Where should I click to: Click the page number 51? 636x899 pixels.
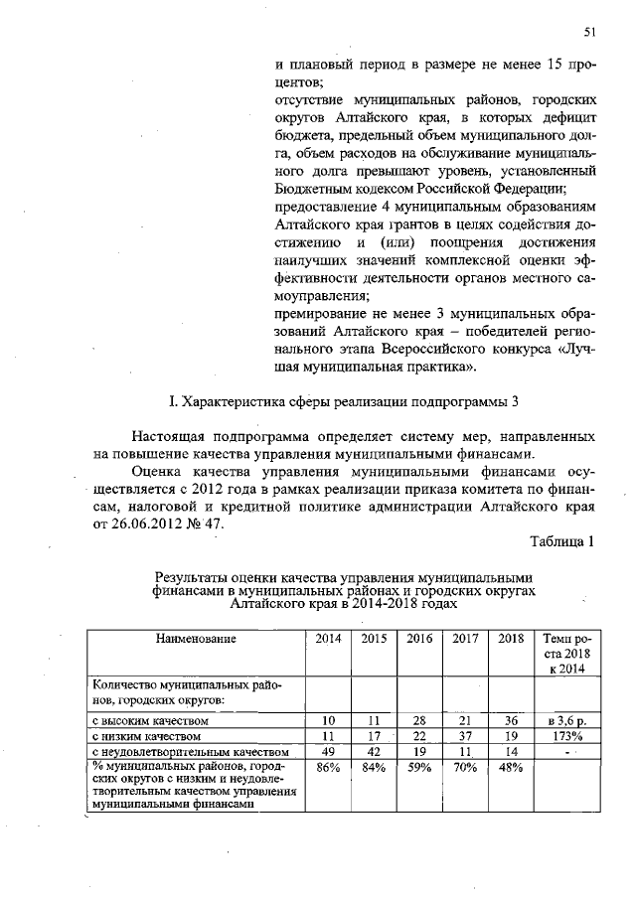[x=589, y=33]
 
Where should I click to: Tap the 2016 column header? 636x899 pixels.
[x=420, y=639]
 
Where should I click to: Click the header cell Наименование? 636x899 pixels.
[x=196, y=639]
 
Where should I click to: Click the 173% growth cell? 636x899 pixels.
[x=563, y=736]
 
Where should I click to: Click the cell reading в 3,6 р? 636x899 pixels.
[x=563, y=719]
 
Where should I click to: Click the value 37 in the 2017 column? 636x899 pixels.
[x=466, y=736]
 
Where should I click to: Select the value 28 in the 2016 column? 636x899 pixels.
[x=420, y=719]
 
